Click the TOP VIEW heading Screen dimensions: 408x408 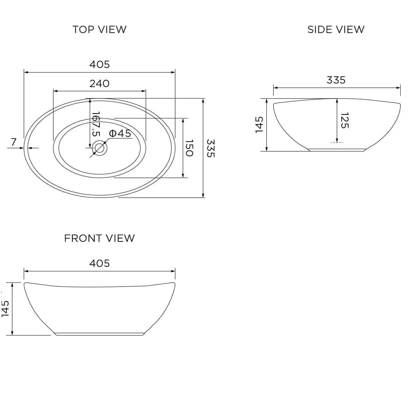(x=99, y=30)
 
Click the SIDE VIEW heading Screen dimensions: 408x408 (x=336, y=30)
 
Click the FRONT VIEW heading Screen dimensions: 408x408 (x=99, y=238)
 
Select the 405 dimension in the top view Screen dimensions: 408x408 (x=99, y=65)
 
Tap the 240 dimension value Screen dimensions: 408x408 (x=99, y=84)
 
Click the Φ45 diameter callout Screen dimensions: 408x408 (x=120, y=133)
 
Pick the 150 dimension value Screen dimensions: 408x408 (x=189, y=148)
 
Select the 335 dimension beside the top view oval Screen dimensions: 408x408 (x=211, y=148)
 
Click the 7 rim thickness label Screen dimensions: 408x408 (x=13, y=142)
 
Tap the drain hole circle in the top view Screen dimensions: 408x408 (x=99, y=148)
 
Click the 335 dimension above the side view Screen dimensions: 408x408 (x=336, y=80)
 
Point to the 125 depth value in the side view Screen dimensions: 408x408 (x=344, y=120)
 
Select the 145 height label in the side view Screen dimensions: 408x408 (x=259, y=125)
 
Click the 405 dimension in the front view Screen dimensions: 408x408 (x=99, y=263)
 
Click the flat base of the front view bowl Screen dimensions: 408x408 (x=99, y=334)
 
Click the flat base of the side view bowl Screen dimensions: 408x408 (x=336, y=150)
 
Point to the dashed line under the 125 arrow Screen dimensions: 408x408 (x=337, y=142)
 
